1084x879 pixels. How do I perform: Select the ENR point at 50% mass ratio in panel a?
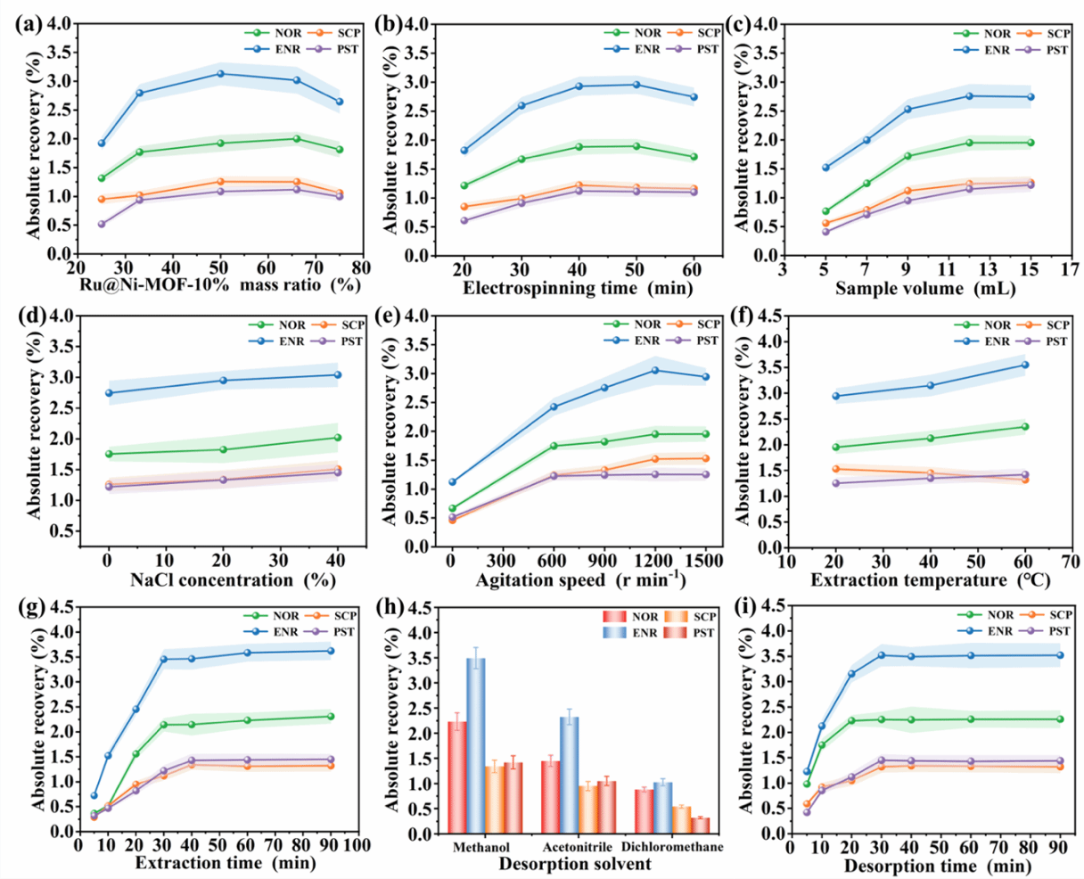[219, 73]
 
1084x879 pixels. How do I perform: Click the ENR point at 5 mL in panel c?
[825, 168]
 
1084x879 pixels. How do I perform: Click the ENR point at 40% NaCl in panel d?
[337, 374]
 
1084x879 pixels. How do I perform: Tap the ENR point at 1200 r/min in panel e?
[655, 370]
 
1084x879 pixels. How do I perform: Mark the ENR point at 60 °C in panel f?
[1024, 365]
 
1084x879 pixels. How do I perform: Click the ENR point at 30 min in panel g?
[164, 659]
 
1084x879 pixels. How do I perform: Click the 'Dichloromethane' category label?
[672, 846]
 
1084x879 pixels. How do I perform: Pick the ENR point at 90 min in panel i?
[1060, 655]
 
